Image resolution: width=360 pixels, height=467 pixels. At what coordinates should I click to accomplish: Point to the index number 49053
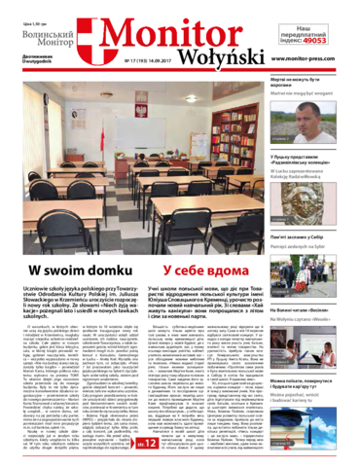[x=314, y=44]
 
